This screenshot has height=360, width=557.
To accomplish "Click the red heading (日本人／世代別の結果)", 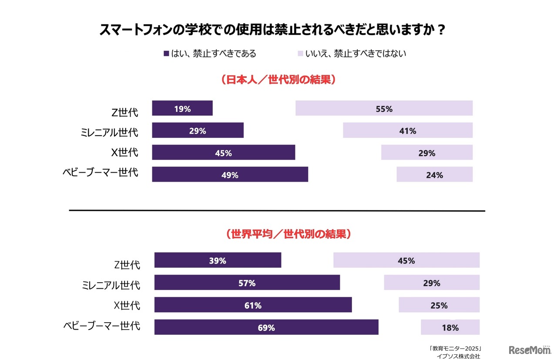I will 278,80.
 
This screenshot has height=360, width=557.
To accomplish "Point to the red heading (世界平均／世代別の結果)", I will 289,234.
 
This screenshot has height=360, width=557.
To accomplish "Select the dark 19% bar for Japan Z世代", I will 182,108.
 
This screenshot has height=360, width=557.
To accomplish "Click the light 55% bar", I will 384,108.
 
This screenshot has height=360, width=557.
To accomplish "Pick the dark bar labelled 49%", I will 230,174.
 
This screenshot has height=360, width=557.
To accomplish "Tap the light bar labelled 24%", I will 434,174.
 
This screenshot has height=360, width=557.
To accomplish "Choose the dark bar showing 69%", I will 266,327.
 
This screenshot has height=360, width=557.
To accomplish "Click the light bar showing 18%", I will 450,327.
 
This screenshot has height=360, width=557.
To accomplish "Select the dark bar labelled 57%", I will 247,283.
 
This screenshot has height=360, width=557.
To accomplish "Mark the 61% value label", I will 253,305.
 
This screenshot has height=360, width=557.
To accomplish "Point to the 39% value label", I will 217,260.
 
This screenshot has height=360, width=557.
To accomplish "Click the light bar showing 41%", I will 407,130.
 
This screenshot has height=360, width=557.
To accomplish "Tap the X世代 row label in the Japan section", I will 125,153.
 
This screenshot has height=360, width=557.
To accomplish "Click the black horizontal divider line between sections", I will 277,211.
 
